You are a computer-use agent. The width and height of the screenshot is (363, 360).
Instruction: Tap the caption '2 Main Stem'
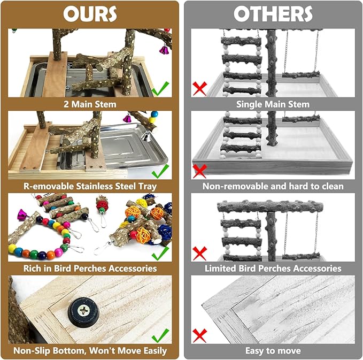pyautogui.click(x=90, y=104)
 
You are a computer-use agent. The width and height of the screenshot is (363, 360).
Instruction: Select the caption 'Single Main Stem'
pyautogui.click(x=273, y=104)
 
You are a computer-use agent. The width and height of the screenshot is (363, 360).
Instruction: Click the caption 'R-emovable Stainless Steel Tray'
pyautogui.click(x=90, y=186)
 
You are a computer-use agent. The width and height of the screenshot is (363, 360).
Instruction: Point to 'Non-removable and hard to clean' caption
pyautogui.click(x=273, y=186)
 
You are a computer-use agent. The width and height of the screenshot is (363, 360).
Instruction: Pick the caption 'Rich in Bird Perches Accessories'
pyautogui.click(x=90, y=267)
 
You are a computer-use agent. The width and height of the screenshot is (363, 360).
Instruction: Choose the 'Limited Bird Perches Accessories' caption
pyautogui.click(x=273, y=267)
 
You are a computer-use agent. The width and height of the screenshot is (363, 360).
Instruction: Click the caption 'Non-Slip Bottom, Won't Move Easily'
pyautogui.click(x=90, y=351)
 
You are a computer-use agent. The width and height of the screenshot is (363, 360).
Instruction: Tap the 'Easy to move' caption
pyautogui.click(x=273, y=351)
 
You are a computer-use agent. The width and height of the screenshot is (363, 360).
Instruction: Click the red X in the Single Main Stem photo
pyautogui.click(x=199, y=88)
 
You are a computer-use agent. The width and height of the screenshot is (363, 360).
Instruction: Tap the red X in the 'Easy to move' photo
pyautogui.click(x=199, y=335)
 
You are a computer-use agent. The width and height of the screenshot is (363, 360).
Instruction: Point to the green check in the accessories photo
pyautogui.click(x=160, y=251)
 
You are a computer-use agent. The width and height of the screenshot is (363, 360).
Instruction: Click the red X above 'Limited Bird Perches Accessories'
pyautogui.click(x=199, y=252)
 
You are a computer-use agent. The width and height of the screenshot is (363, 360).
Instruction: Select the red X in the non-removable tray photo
pyautogui.click(x=199, y=171)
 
